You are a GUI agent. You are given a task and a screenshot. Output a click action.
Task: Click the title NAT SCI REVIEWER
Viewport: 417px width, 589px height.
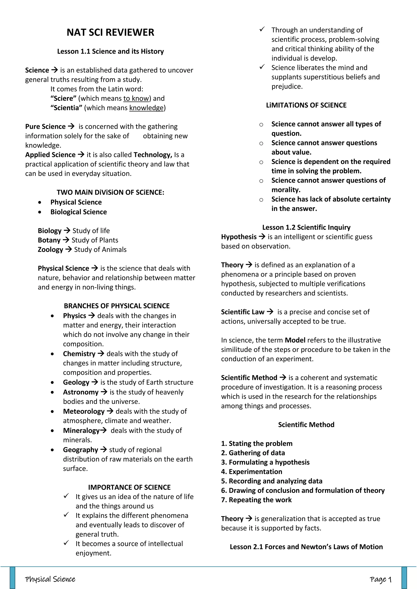coord(110,33)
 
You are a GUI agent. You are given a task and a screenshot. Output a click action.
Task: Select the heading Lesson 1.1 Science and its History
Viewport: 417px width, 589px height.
coord(110,51)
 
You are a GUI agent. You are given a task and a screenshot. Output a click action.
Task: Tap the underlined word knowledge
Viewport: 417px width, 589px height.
coord(146,108)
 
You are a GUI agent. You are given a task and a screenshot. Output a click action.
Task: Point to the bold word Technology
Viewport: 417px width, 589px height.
coord(153,155)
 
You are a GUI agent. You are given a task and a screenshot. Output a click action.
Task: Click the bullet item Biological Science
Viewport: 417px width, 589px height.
coord(79,212)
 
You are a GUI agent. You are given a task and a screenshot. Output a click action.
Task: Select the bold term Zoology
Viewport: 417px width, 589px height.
coord(50,250)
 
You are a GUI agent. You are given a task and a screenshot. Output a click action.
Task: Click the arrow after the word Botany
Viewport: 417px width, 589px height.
coord(66,240)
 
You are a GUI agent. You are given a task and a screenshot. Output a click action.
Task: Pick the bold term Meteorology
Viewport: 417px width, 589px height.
coord(84,411)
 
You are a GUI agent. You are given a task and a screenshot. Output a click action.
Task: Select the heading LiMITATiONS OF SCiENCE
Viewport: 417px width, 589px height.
coord(306,105)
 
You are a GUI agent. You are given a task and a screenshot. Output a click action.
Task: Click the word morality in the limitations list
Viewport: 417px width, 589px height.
coord(285,190)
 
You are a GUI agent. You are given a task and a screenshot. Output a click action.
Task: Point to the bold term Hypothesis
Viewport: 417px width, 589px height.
coord(239,237)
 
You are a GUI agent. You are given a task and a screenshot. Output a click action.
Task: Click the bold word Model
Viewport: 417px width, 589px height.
coord(295,340)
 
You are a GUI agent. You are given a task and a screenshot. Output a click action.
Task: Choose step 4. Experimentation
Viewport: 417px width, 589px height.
coord(252,471)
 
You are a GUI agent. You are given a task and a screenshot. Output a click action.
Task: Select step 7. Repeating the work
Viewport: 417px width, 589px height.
coord(256,500)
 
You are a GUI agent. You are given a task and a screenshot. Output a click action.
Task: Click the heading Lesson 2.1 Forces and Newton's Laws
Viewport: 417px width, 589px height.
coord(306,547)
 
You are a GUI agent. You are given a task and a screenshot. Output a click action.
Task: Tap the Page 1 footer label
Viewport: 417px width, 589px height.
coord(380,579)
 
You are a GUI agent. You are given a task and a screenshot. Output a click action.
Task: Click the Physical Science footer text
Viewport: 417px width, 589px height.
coord(50,579)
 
